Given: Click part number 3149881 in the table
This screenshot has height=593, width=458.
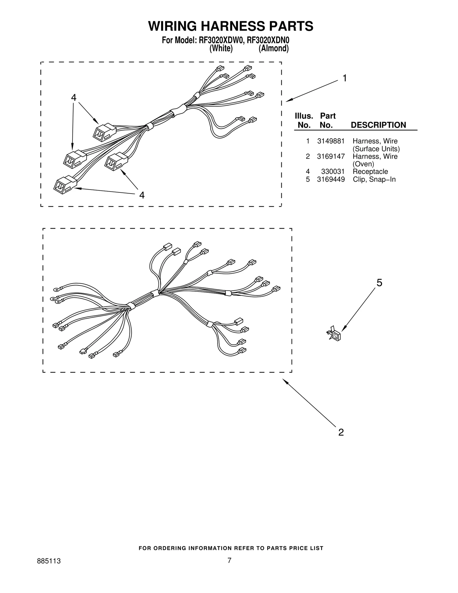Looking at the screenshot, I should point(331,141).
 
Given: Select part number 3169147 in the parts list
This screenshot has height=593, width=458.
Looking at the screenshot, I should point(331,156).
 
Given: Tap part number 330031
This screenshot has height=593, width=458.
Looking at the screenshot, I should point(333,172).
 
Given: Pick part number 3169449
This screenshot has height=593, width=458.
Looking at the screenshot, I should point(331,179).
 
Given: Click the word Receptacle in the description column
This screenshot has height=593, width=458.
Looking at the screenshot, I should point(370,172).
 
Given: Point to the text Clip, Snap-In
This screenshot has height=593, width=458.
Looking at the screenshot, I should point(374,179).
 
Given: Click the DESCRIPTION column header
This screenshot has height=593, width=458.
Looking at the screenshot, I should point(378,125).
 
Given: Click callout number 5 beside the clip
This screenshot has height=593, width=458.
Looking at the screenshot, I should point(379,283).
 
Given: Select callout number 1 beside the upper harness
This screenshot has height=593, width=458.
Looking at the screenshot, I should point(345,78).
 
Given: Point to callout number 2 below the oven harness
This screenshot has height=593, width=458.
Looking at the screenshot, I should point(341,432).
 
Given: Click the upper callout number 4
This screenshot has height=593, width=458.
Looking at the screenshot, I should point(74,98).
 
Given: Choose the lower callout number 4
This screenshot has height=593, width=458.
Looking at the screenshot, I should point(142,195).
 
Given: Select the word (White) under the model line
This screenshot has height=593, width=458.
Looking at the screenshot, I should point(221,49).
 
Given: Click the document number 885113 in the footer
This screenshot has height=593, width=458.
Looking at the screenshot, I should point(49,569).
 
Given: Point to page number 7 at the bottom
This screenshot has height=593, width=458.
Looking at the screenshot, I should point(229,568).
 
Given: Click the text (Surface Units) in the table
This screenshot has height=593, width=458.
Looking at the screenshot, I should point(376,149).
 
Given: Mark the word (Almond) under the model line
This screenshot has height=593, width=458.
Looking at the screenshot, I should point(273,49).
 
